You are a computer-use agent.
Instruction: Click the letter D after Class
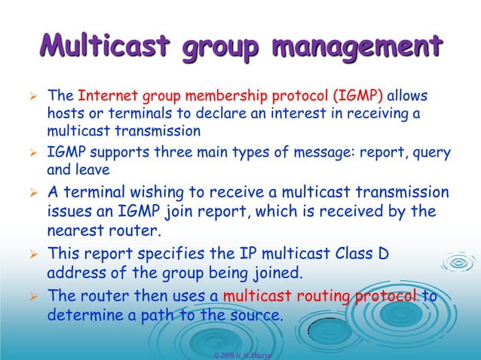[383, 253]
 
